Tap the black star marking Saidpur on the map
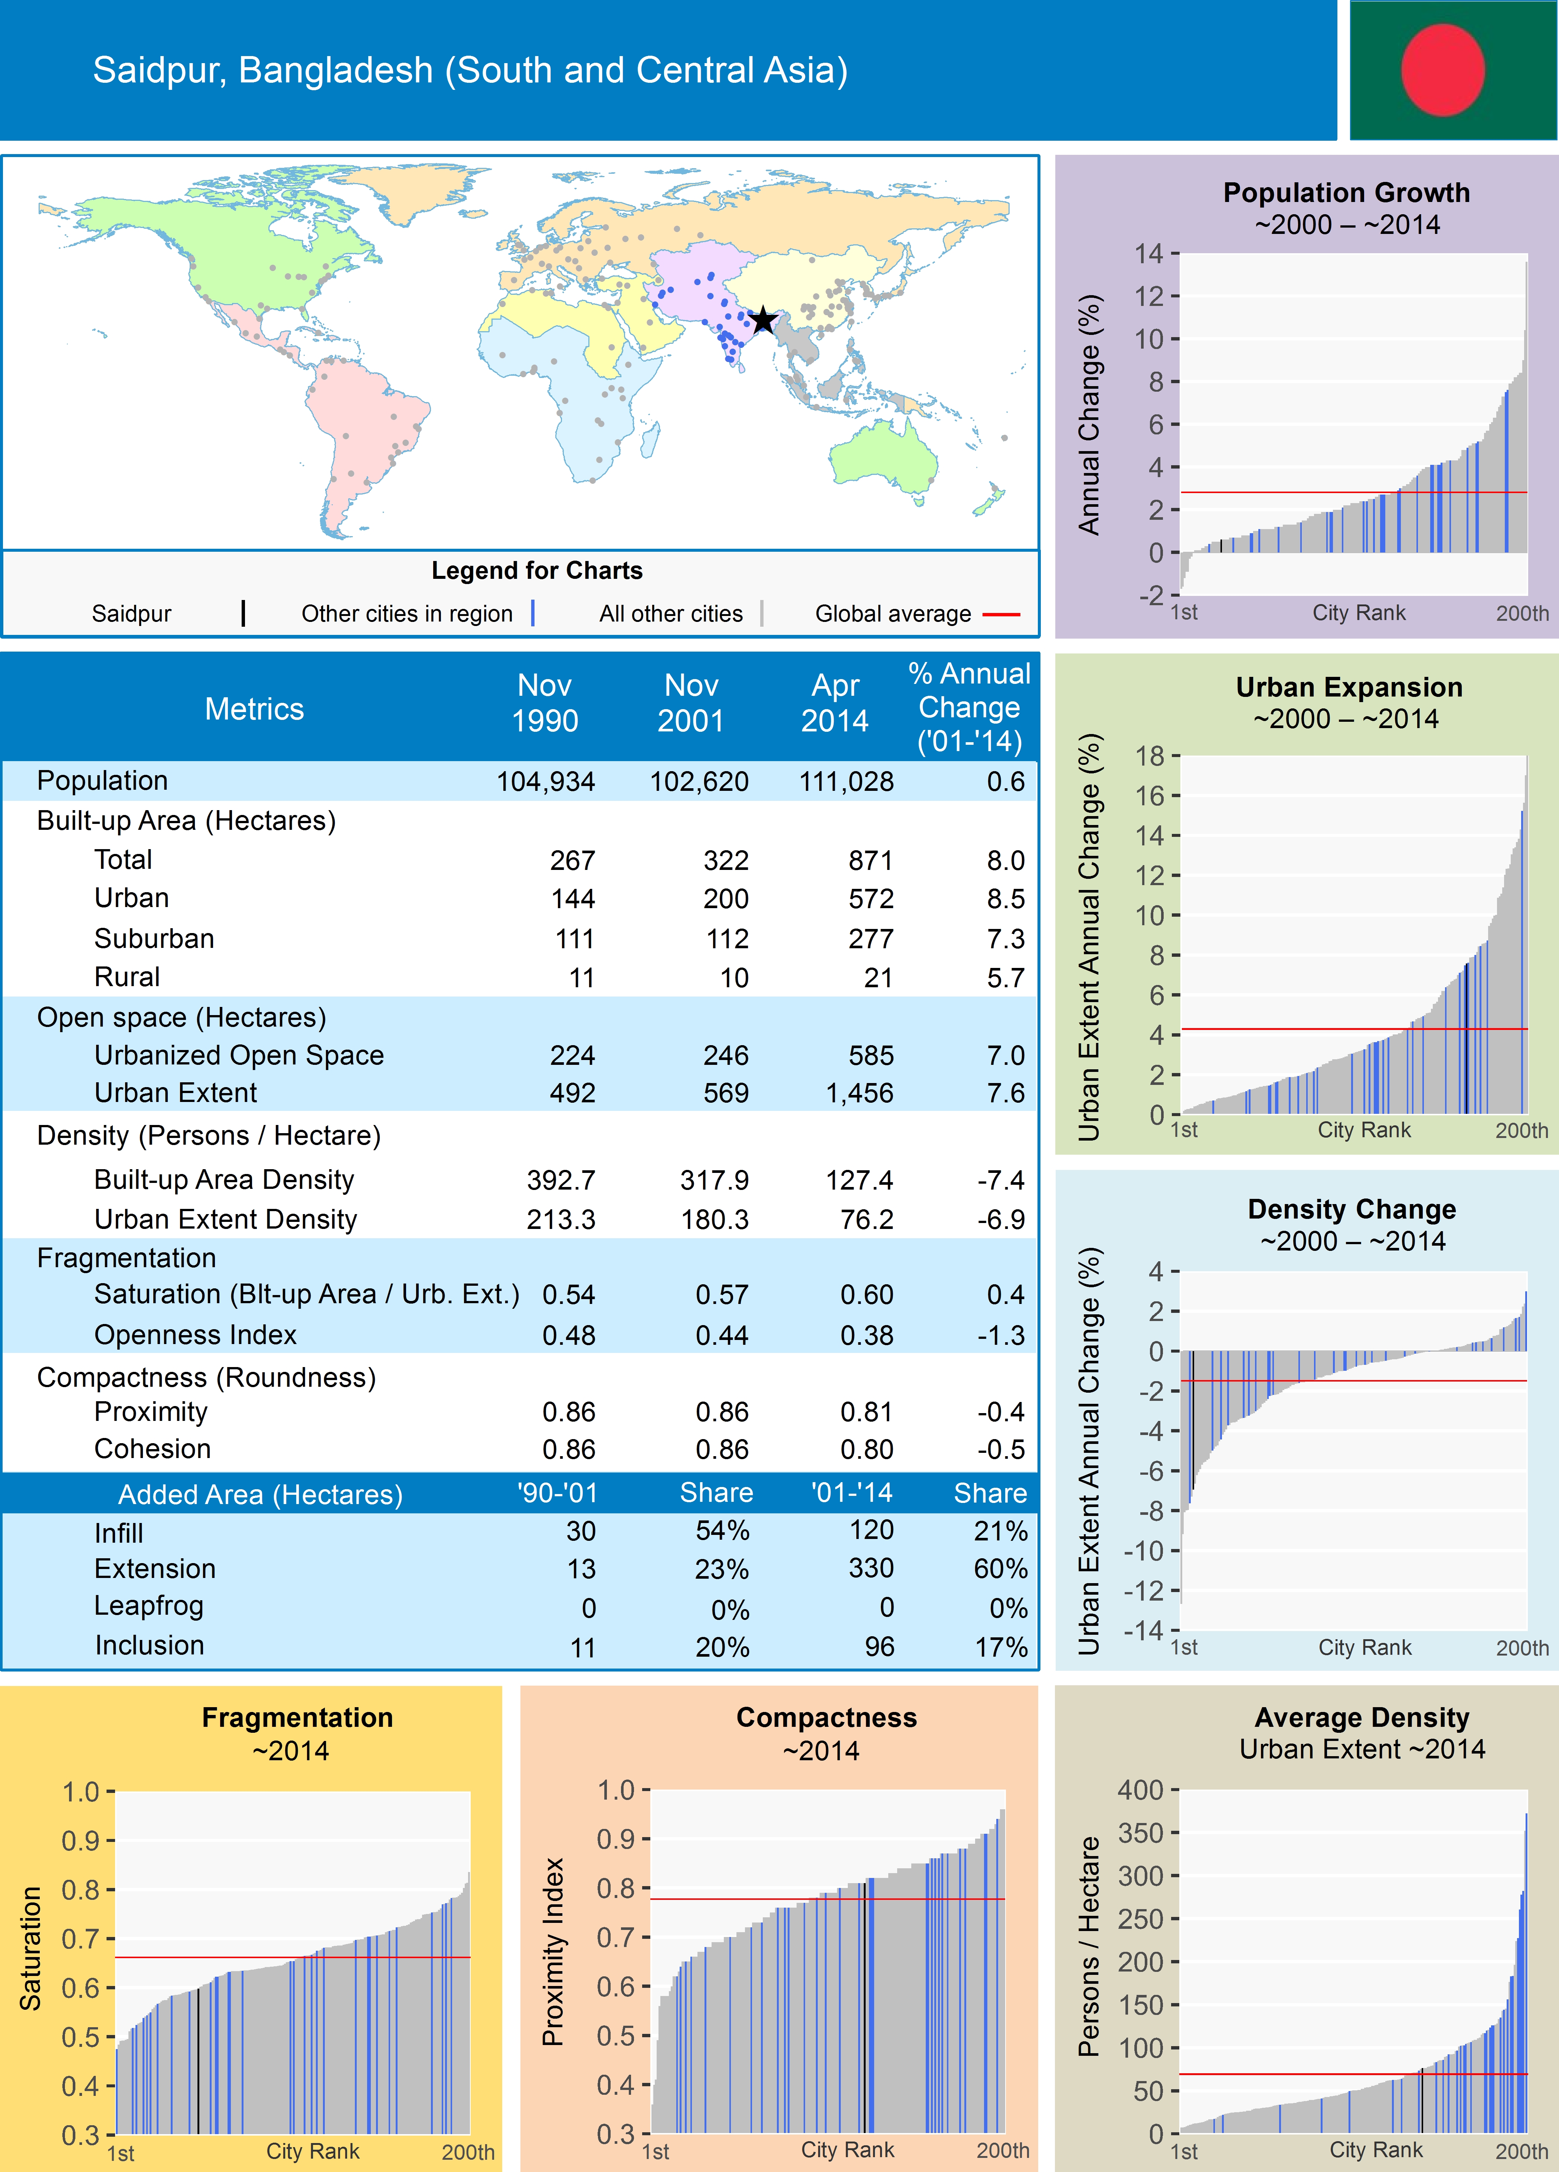point(763,320)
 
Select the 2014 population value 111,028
point(847,782)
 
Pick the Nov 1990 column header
point(545,703)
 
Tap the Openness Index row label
point(195,1335)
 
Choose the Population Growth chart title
point(1346,192)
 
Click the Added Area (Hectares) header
point(261,1495)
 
